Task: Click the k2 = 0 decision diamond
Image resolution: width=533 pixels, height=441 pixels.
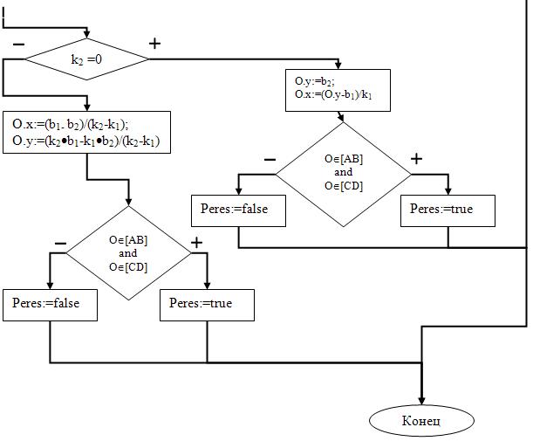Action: pyautogui.click(x=86, y=59)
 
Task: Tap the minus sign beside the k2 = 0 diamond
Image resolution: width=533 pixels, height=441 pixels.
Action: pyautogui.click(x=18, y=44)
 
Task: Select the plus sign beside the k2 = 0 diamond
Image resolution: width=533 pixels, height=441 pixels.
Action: pyautogui.click(x=154, y=44)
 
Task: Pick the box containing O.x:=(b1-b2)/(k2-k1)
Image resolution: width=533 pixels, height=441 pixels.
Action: pyautogui.click(x=86, y=133)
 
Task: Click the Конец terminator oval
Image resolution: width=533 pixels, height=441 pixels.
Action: pyautogui.click(x=422, y=421)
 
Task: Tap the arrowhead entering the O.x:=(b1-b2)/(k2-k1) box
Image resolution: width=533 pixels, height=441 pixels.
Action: pyautogui.click(x=86, y=107)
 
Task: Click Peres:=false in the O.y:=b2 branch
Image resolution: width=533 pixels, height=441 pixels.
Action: pyautogui.click(x=238, y=210)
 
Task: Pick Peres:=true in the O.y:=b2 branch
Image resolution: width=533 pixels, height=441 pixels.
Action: pyautogui.click(x=448, y=210)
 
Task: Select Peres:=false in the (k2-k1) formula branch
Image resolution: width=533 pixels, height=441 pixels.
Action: pyautogui.click(x=50, y=304)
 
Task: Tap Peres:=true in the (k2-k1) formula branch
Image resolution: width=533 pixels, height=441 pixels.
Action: pyautogui.click(x=208, y=304)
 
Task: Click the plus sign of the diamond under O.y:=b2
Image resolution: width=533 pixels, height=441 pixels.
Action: pyautogui.click(x=416, y=159)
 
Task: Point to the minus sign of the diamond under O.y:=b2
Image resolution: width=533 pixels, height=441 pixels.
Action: pyautogui.click(x=270, y=159)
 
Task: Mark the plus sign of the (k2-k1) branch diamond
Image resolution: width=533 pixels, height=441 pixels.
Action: pyautogui.click(x=196, y=242)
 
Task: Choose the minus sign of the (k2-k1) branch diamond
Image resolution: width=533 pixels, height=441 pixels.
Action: pyautogui.click(x=60, y=242)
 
